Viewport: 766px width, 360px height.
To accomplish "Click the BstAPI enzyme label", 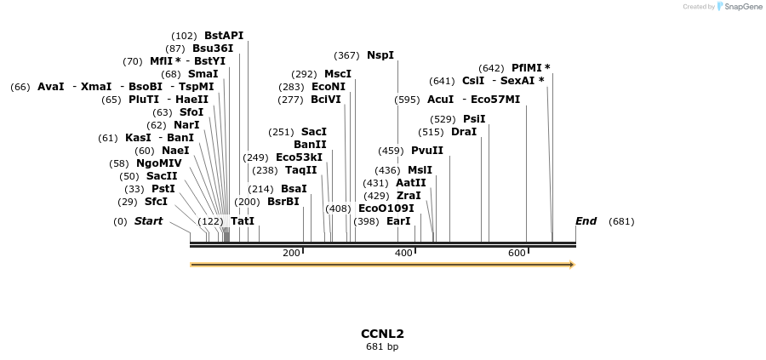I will [224, 36].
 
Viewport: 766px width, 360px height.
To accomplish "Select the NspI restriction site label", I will [380, 55].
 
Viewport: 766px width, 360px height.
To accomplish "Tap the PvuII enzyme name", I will [427, 151].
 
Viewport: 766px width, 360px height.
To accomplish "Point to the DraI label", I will [464, 132].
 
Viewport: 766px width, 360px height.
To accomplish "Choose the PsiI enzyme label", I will [474, 119].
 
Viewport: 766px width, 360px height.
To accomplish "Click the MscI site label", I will [338, 74].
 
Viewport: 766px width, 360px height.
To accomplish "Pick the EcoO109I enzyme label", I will [386, 209].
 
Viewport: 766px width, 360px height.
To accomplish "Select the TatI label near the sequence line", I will [243, 221].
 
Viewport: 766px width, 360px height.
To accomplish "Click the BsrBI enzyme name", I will [283, 202].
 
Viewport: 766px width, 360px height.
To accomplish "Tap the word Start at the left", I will [148, 221].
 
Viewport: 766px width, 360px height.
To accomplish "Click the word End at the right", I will [586, 221].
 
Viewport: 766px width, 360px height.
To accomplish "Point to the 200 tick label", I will [291, 254].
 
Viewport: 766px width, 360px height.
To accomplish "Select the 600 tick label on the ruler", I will [517, 254].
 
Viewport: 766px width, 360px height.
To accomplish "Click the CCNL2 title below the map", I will [382, 334].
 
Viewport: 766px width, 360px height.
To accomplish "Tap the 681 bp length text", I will [382, 346].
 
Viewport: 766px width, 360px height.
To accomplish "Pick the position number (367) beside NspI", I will [346, 55].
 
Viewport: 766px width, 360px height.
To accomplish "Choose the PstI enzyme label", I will [163, 189].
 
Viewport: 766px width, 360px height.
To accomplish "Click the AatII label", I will [411, 183].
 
